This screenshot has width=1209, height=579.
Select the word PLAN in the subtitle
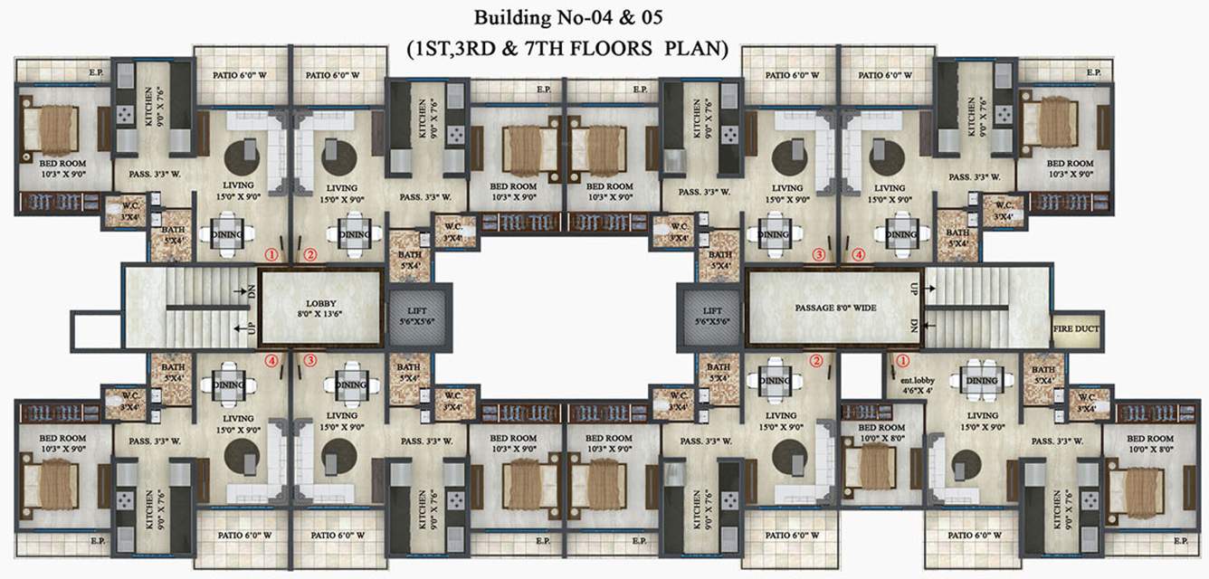pos(696,49)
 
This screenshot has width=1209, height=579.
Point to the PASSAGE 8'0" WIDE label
pos(833,308)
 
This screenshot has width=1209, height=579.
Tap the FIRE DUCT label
pos(1076,329)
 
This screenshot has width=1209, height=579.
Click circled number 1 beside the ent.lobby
pos(900,360)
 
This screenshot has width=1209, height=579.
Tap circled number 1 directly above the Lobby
pos(270,255)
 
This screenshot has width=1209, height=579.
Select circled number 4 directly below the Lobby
pos(271,360)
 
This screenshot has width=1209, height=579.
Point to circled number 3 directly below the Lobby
pos(309,360)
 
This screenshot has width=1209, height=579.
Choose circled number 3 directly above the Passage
pos(820,255)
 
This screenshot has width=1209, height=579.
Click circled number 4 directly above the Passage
pos(858,255)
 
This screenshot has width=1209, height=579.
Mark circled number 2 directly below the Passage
pos(816,360)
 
